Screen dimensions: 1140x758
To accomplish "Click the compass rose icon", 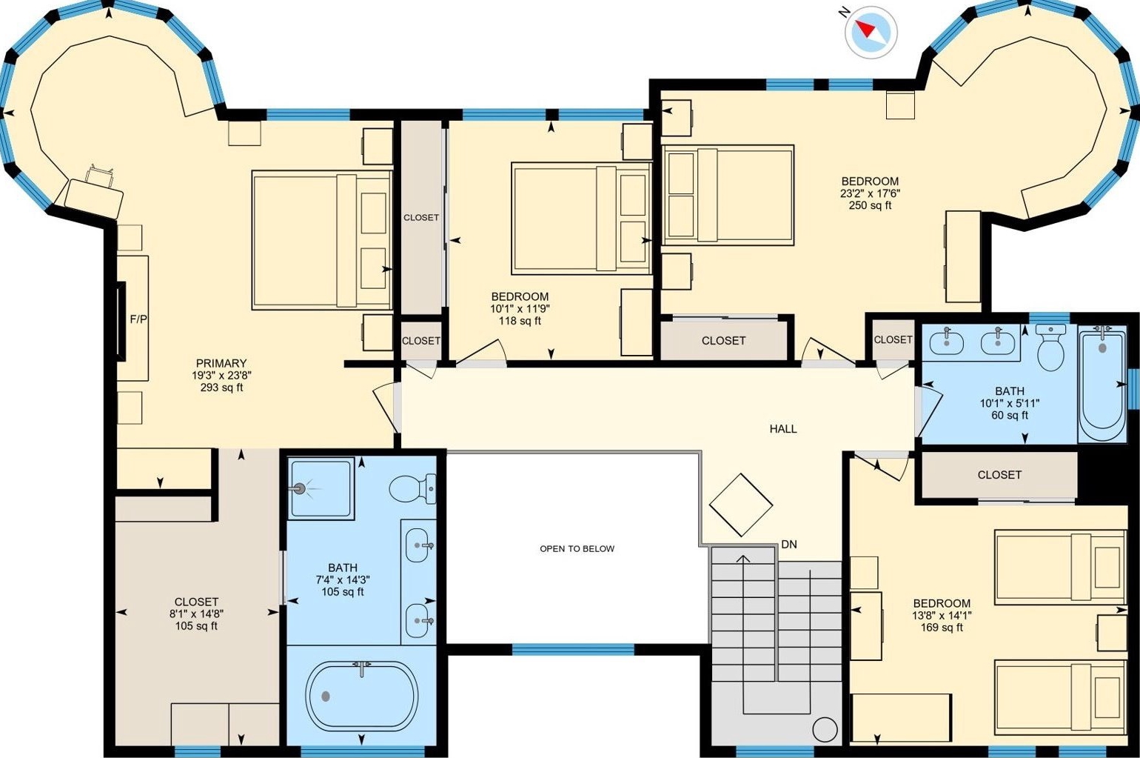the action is [x=871, y=33].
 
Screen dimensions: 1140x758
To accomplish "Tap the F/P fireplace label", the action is [x=138, y=319].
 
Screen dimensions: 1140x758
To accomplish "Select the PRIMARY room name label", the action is [x=221, y=363].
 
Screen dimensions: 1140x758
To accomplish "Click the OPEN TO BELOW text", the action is [x=577, y=548].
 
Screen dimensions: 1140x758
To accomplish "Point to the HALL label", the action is [x=783, y=429].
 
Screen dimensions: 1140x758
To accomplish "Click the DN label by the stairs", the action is [x=789, y=545].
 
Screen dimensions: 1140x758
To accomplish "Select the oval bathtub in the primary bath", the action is [x=362, y=697].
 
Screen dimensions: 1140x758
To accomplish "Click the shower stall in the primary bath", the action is [x=321, y=488].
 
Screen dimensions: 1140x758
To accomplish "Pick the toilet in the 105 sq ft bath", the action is [x=412, y=489].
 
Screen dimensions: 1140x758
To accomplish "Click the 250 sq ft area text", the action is [x=871, y=206].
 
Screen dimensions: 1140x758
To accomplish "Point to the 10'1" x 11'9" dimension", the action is [x=520, y=309].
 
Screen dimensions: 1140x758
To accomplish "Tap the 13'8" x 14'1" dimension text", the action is [x=942, y=615].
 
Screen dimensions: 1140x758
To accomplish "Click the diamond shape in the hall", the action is [x=741, y=505].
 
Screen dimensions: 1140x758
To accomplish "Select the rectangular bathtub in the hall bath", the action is [x=1102, y=386].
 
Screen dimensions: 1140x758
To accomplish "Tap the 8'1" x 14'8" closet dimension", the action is [x=196, y=614].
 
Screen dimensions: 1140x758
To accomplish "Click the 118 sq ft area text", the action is [x=520, y=321].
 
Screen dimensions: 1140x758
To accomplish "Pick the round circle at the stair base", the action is [x=825, y=729].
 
